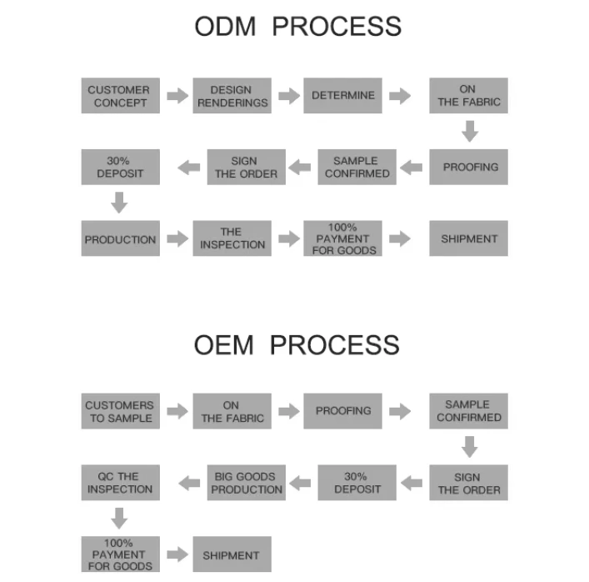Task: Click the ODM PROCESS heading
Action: (297, 26)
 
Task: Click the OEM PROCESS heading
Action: (297, 344)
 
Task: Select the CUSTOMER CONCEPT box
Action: (120, 96)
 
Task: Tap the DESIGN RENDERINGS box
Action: (232, 96)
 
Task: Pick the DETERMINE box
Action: (343, 96)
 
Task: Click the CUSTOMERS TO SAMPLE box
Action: (120, 411)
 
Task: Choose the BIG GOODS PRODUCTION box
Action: (246, 483)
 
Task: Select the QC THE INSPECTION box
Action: (120, 483)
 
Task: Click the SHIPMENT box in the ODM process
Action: (468, 238)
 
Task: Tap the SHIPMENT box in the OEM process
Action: (232, 554)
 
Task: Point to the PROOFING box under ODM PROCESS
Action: (468, 167)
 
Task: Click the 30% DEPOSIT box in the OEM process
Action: (357, 483)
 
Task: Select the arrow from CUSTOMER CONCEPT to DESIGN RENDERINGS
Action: (177, 96)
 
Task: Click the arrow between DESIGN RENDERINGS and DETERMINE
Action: (288, 96)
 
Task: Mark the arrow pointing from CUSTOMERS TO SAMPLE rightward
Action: (177, 411)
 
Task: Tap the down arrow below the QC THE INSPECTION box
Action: (119, 519)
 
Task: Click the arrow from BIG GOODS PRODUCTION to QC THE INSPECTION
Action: (188, 483)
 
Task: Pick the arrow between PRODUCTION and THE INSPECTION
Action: (177, 238)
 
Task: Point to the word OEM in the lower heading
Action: (225, 344)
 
